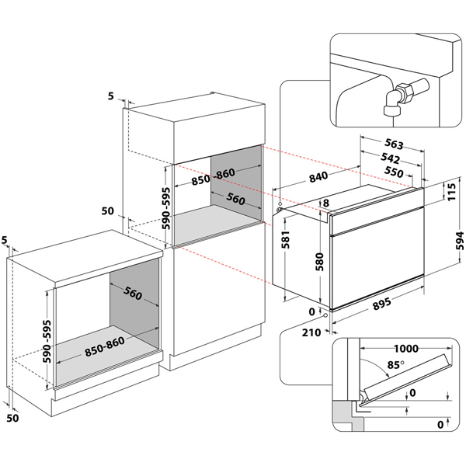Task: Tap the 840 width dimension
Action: pyautogui.click(x=317, y=178)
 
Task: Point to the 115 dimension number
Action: pyautogui.click(x=450, y=191)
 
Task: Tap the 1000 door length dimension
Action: pyautogui.click(x=409, y=349)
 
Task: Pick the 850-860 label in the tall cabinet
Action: pyautogui.click(x=213, y=175)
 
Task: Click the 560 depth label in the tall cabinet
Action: pyautogui.click(x=235, y=200)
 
